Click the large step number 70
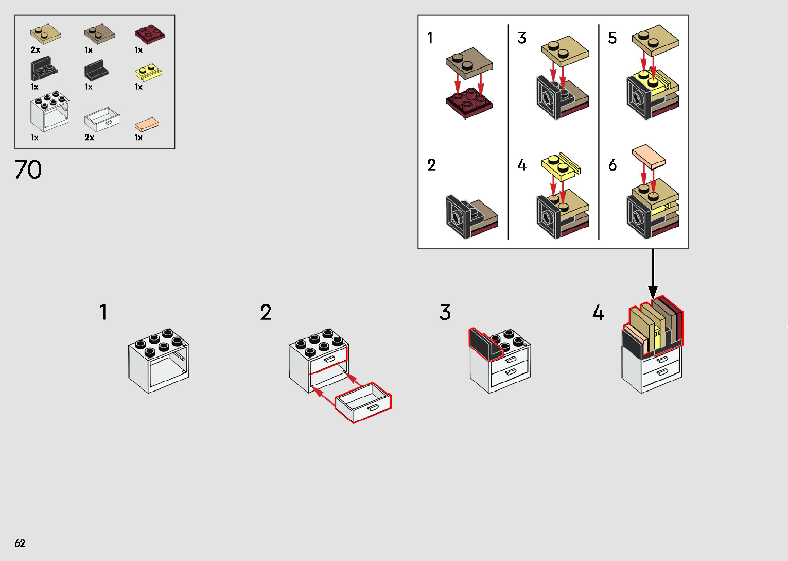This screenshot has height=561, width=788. pyautogui.click(x=28, y=169)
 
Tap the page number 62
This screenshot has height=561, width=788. pyautogui.click(x=20, y=543)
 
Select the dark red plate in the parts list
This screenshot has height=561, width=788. pyautogui.click(x=149, y=35)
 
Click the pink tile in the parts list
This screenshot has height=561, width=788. pyautogui.click(x=147, y=125)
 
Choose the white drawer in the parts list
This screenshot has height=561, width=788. pyautogui.click(x=102, y=120)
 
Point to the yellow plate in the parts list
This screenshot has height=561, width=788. pyautogui.click(x=148, y=72)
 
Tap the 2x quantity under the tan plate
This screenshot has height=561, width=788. pyautogui.click(x=35, y=50)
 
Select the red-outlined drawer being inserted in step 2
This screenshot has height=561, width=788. pyautogui.click(x=363, y=402)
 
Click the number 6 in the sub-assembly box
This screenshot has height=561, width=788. pyautogui.click(x=612, y=165)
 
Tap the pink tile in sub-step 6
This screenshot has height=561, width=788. pyautogui.click(x=649, y=156)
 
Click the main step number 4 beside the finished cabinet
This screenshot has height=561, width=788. pyautogui.click(x=598, y=313)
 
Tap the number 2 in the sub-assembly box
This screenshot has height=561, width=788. pyautogui.click(x=431, y=165)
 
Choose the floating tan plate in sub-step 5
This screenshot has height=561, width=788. pyautogui.click(x=655, y=40)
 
